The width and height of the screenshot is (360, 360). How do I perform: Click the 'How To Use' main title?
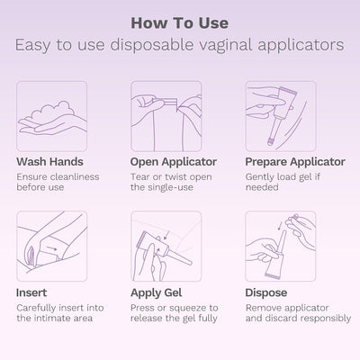[180, 23]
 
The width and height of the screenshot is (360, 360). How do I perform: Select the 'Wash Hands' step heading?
[49, 162]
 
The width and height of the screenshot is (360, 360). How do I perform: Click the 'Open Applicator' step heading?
[174, 162]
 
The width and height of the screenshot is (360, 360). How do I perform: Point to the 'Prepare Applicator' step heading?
[295, 162]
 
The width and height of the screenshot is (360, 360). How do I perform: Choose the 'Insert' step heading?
[31, 292]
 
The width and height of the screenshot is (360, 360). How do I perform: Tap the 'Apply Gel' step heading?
[157, 292]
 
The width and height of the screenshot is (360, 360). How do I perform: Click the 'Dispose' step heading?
[266, 292]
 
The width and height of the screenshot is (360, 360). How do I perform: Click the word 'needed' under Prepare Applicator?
[262, 187]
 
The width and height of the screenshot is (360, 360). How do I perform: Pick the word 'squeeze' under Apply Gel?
[187, 308]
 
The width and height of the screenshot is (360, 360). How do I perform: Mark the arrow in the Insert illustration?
[52, 248]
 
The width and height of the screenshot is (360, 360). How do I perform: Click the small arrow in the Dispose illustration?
[280, 225]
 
